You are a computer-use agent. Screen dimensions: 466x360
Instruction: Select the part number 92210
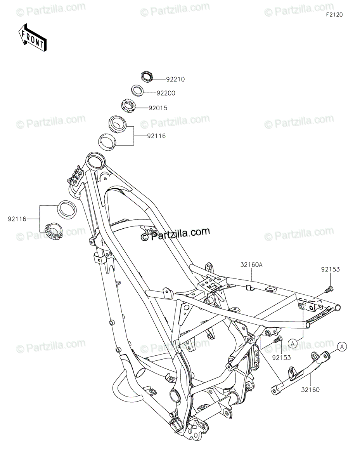click(x=175, y=79)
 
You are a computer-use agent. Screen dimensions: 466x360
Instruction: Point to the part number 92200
click(x=166, y=93)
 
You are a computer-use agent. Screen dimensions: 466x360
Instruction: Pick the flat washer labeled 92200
click(x=138, y=90)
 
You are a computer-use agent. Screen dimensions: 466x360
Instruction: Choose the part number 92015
click(x=157, y=108)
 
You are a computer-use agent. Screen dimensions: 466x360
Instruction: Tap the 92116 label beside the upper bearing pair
click(x=156, y=136)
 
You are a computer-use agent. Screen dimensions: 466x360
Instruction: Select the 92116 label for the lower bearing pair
click(x=16, y=219)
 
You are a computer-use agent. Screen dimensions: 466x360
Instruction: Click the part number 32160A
click(x=251, y=265)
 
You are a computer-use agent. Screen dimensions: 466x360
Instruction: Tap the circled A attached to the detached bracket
click(x=341, y=347)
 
